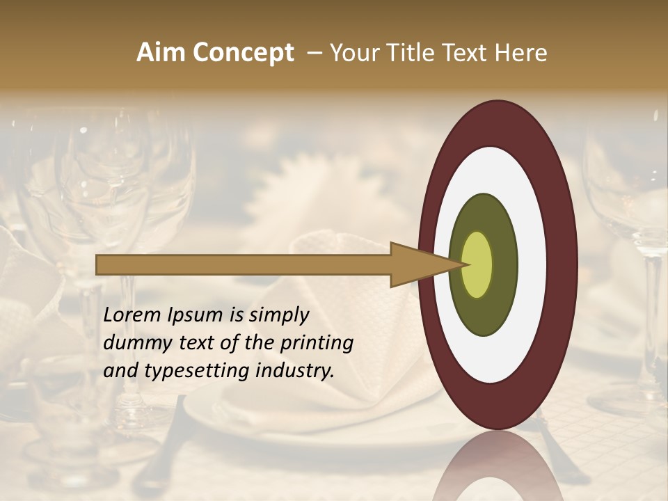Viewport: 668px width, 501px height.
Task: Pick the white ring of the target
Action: [532, 264]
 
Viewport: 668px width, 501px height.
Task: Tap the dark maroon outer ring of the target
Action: [565, 264]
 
